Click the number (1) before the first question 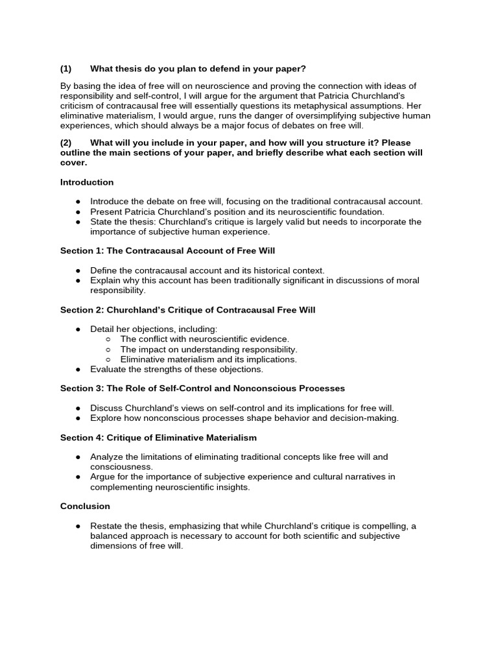[x=65, y=69]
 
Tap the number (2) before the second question [x=65, y=143]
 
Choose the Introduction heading [x=87, y=182]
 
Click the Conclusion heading [x=85, y=506]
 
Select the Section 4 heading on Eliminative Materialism [x=158, y=438]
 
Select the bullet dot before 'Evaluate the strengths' [x=78, y=369]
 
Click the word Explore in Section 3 [x=105, y=418]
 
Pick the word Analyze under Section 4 [x=106, y=457]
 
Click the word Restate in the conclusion [x=106, y=526]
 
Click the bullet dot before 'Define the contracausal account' [x=78, y=270]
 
